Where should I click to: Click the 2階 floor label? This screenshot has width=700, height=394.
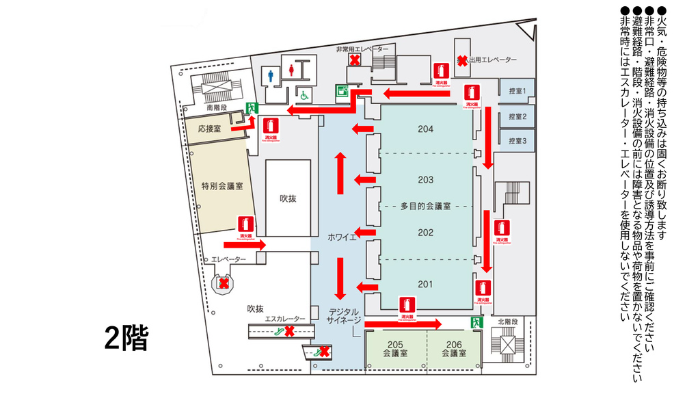point(126,339)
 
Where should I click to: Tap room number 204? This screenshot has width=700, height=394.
point(426,129)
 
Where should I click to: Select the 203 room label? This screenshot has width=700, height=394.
point(426,180)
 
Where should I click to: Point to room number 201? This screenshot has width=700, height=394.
point(426,284)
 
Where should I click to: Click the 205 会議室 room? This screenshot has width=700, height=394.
point(395,349)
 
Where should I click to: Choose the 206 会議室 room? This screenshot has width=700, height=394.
point(454,349)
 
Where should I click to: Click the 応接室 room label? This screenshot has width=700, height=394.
point(209,129)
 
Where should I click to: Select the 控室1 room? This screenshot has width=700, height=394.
point(516,91)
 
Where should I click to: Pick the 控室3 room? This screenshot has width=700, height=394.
point(516,141)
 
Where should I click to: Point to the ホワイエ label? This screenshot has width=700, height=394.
point(342,237)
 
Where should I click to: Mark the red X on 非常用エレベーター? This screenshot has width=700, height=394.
point(355,60)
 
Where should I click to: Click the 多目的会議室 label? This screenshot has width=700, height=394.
point(425,206)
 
